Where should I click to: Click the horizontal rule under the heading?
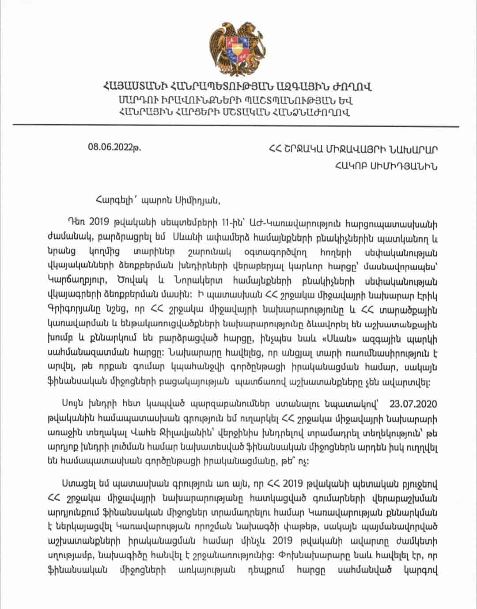(238, 126)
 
